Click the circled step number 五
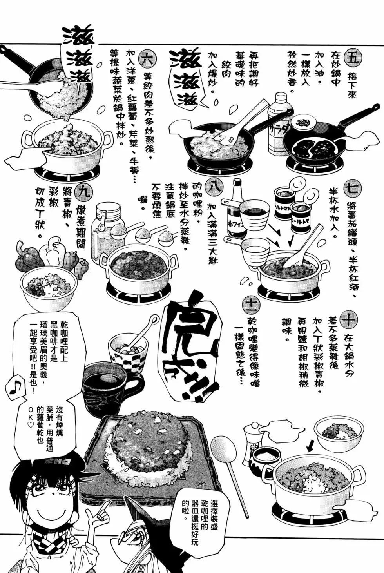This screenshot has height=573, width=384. point(353,57)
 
